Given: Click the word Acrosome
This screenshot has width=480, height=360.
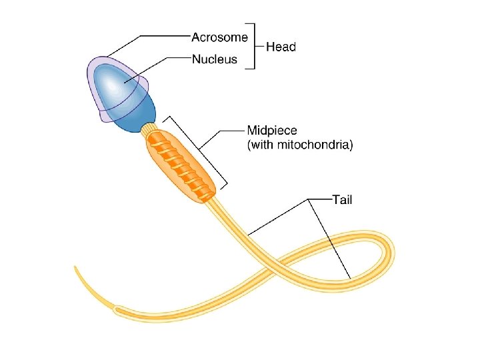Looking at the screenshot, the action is coord(219,37).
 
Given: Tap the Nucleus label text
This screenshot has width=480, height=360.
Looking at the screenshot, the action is coord(214,59).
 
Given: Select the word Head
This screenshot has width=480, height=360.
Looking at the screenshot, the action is coord(281,47).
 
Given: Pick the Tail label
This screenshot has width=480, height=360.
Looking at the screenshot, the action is coord(343,199).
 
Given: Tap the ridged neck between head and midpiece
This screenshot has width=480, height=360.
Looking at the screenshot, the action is coord(149,128).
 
